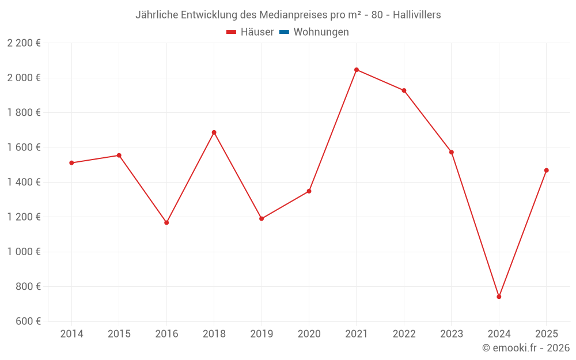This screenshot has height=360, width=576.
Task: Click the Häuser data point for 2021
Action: (x=357, y=70)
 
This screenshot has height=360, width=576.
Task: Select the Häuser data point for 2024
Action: (x=499, y=297)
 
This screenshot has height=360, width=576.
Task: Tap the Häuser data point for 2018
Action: (x=214, y=132)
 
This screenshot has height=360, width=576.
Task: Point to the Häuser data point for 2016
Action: (x=166, y=222)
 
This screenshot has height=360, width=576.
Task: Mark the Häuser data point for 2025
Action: (x=547, y=170)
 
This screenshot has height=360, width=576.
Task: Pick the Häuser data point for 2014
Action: (x=71, y=163)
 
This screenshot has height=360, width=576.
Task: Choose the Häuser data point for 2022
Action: (x=404, y=90)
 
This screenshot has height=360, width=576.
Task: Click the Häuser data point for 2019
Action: (x=262, y=219)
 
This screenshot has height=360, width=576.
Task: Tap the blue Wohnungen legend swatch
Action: (x=284, y=32)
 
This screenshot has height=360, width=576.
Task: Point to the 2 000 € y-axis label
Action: (x=24, y=78)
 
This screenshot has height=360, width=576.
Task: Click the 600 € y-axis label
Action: (x=28, y=321)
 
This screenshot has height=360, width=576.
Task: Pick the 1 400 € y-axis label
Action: (x=24, y=182)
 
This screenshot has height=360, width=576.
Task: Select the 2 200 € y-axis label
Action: (x=24, y=43)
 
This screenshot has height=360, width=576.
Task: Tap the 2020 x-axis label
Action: (x=309, y=334)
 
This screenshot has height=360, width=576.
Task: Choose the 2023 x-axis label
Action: (x=452, y=334)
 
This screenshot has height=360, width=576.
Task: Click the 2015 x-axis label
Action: (x=119, y=334)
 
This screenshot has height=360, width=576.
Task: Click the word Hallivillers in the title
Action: (x=417, y=15)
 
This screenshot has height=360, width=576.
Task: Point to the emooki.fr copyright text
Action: (x=526, y=348)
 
